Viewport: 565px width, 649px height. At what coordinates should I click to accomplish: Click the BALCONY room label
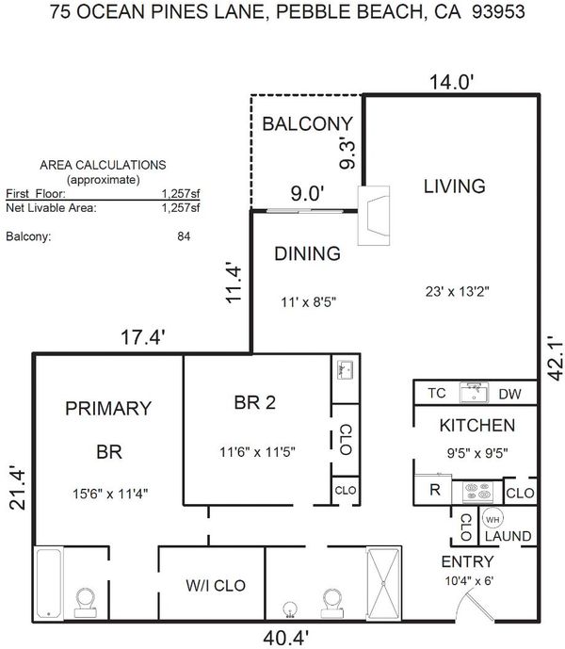[307, 123]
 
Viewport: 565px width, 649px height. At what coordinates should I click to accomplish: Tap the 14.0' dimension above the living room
[452, 82]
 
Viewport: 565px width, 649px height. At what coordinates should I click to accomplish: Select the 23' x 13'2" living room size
[457, 291]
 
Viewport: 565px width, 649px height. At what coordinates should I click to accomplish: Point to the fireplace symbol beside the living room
[373, 215]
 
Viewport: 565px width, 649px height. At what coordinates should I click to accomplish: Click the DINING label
[308, 253]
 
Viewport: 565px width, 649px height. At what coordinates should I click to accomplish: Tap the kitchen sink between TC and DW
[474, 393]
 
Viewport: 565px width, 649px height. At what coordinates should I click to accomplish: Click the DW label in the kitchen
[510, 394]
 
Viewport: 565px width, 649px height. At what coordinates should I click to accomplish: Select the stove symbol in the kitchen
[477, 492]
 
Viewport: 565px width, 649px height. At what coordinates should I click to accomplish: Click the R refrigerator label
[435, 490]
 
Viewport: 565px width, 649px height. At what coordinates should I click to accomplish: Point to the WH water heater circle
[492, 519]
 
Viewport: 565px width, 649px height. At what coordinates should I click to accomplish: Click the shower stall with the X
[383, 584]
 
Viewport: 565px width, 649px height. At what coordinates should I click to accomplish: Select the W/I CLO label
[216, 585]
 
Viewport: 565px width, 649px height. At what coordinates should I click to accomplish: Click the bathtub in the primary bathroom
[49, 583]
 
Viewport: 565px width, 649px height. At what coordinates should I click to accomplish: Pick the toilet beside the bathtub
[86, 603]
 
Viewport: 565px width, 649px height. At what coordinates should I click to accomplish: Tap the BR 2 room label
[255, 402]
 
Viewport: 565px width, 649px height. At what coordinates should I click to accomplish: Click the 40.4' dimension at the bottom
[285, 638]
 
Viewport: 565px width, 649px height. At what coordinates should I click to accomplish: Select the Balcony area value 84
[184, 236]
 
